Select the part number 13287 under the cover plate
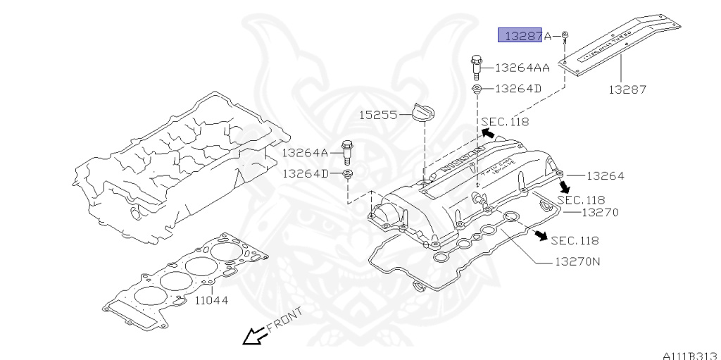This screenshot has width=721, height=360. (627, 89)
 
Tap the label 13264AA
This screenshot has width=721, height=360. (522, 68)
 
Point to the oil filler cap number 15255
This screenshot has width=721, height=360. (380, 114)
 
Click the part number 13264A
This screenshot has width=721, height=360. (306, 152)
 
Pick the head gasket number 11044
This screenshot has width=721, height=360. (212, 300)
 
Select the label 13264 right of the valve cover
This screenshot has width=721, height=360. (605, 175)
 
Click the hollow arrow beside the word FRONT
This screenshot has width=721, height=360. (253, 337)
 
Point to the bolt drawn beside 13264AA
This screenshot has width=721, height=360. (477, 68)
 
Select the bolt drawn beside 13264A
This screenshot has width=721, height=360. (346, 151)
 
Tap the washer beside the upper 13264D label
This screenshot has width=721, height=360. (476, 89)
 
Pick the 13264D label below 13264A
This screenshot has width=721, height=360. (306, 173)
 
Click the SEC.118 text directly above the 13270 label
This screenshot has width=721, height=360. (581, 200)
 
